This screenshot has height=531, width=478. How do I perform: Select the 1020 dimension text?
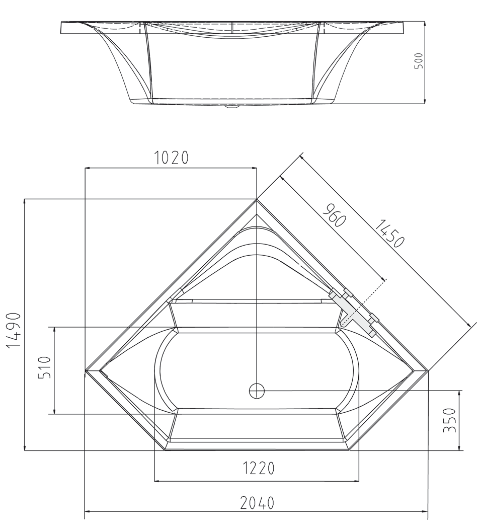pos(172,158)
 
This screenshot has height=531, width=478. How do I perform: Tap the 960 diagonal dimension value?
pos(333,215)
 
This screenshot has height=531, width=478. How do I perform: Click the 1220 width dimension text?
pos(259,469)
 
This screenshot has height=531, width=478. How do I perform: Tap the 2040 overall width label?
pos(257,503)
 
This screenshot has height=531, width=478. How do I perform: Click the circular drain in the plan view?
pos(257,390)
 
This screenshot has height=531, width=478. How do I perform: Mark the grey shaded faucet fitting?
pos(354,313)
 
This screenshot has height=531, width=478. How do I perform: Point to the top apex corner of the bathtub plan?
pos(257,199)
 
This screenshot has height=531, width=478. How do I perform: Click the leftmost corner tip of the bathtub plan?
pos(85,371)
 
